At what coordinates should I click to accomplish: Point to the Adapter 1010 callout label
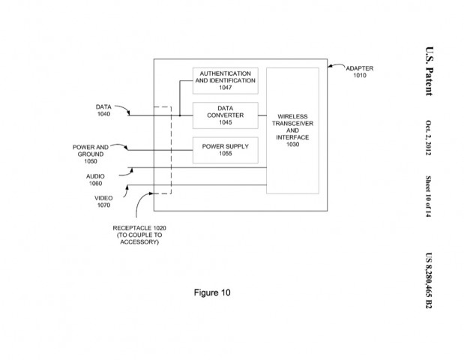point(360,72)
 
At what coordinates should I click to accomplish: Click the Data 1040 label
point(103,110)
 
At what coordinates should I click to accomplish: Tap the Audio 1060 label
point(95,179)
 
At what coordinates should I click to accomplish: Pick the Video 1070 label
point(103,200)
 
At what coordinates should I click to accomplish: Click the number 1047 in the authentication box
point(226,87)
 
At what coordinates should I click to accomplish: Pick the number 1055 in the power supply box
point(226,154)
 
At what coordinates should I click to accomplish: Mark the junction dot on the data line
point(180,115)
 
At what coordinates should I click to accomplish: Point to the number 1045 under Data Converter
point(226,122)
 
